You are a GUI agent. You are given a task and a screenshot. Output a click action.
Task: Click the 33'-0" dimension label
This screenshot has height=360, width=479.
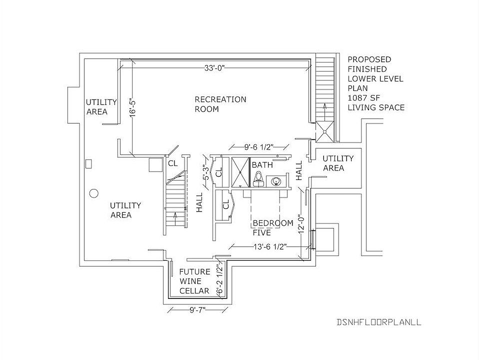pyautogui.click(x=214, y=68)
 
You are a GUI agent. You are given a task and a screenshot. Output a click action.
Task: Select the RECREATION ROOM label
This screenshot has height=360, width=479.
pyautogui.click(x=220, y=104)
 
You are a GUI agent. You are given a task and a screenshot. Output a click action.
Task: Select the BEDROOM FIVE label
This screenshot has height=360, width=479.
pyautogui.click(x=272, y=227)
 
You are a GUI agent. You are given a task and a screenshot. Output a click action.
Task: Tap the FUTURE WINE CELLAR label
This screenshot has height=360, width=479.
pyautogui.click(x=194, y=280)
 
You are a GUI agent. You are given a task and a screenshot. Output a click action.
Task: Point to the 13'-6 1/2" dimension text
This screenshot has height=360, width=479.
pyautogui.click(x=270, y=246)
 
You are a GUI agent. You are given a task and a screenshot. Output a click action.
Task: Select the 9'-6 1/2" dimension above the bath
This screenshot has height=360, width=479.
pyautogui.click(x=258, y=147)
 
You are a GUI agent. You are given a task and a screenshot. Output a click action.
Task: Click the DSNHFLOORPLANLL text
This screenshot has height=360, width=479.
pyautogui.click(x=379, y=322)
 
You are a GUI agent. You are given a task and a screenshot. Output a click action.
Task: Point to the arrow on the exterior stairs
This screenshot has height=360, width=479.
pyautogui.click(x=324, y=109)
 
